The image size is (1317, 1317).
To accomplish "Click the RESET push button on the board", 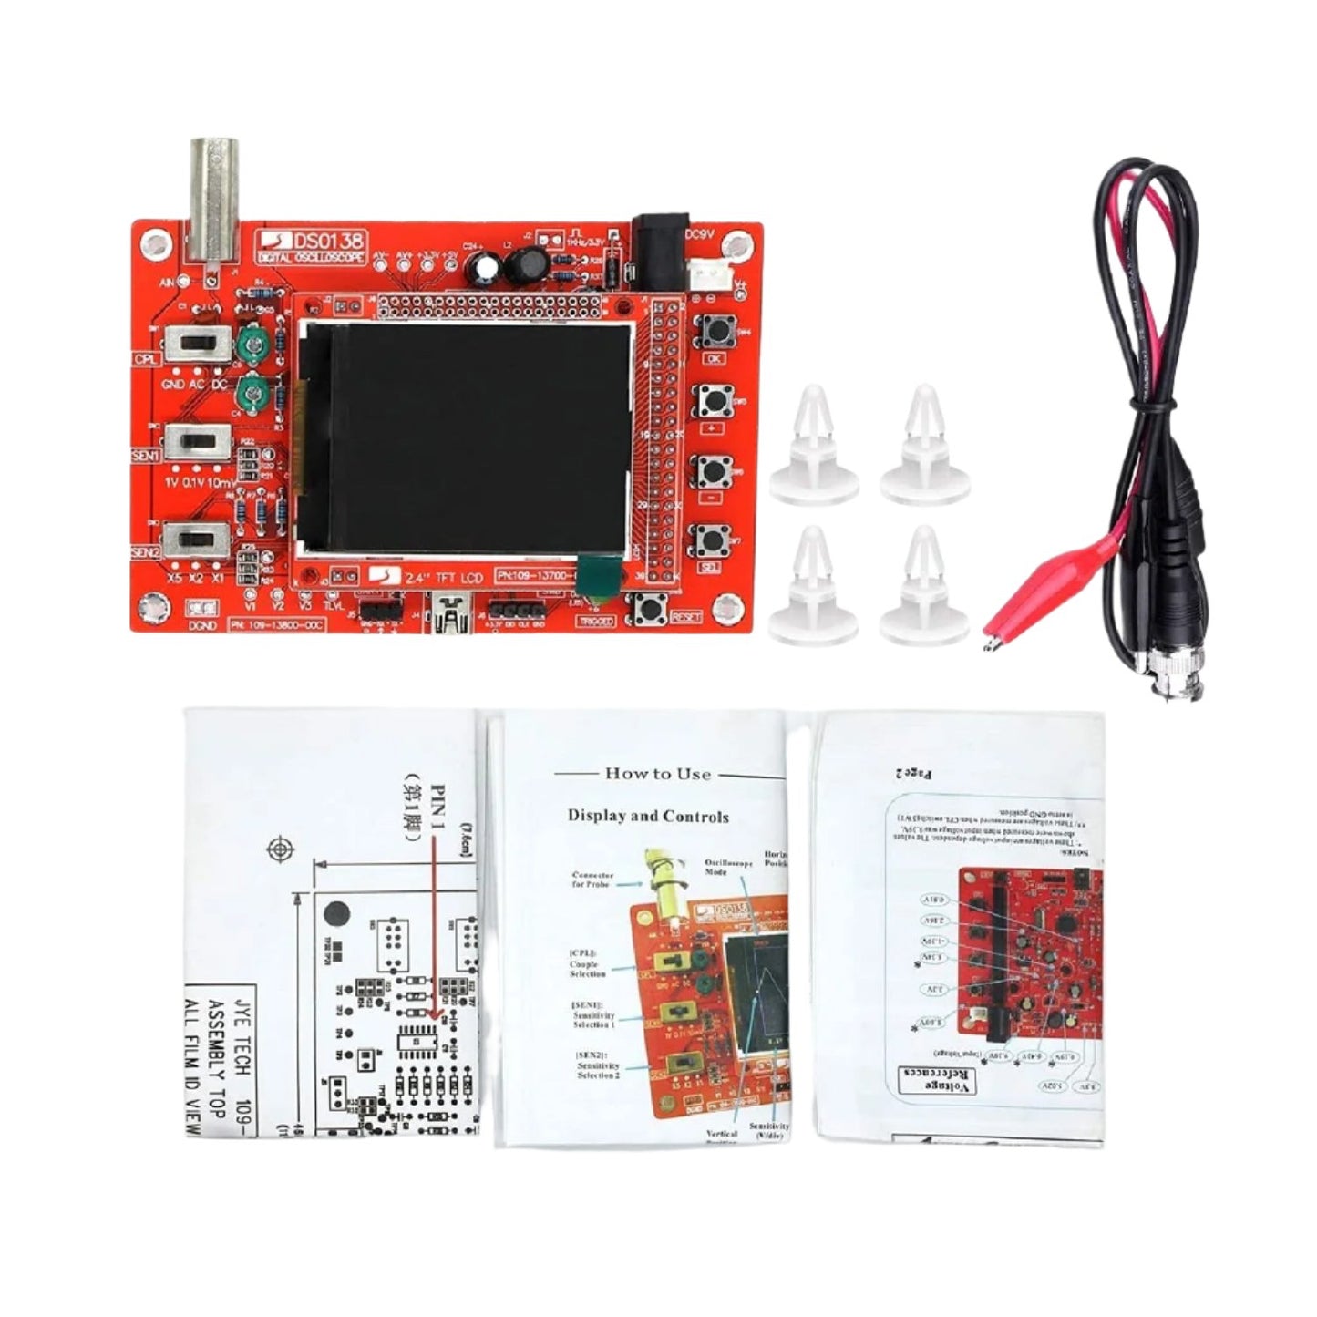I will (x=649, y=608).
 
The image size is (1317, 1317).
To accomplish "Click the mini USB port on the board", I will (x=448, y=613).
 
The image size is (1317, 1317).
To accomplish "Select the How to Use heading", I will (x=657, y=774).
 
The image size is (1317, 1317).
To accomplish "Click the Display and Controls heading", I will (x=648, y=816).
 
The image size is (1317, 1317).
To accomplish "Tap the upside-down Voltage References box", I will (x=937, y=1080).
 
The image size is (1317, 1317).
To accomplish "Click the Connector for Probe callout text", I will (x=592, y=880).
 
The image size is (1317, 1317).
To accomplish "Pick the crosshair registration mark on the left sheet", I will (x=280, y=850).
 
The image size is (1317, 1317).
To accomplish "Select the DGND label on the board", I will (x=202, y=626).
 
